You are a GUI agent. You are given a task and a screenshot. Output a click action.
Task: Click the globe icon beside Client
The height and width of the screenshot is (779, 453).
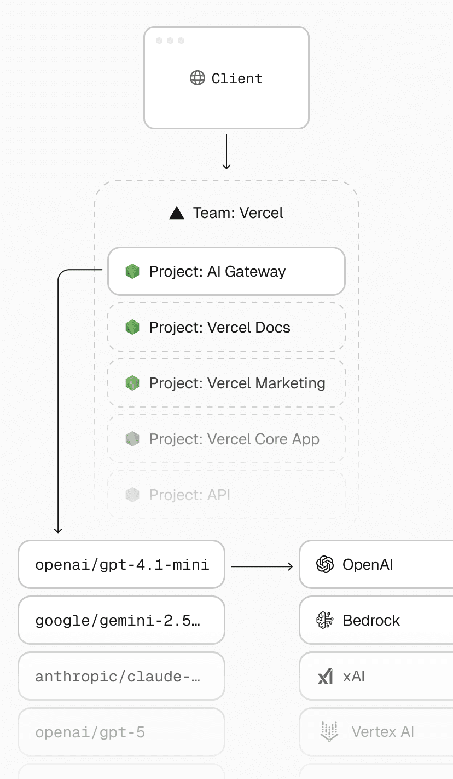click(197, 78)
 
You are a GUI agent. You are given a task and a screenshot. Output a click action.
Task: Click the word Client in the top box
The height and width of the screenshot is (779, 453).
click(237, 78)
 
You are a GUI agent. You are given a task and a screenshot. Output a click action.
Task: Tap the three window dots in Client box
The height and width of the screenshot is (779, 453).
click(170, 41)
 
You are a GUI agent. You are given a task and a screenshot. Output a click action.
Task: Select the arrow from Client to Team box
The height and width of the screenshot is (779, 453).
click(226, 151)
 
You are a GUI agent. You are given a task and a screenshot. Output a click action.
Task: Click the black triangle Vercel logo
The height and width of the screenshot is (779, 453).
click(177, 213)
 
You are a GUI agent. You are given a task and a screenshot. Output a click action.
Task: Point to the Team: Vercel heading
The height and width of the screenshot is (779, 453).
click(237, 213)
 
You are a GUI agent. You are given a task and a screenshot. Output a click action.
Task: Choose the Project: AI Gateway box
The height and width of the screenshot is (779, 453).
click(226, 271)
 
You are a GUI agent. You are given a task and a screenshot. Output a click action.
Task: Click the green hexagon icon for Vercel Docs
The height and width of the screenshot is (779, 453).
click(132, 328)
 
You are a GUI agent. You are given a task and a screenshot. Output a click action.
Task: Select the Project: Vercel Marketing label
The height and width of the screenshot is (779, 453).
click(237, 383)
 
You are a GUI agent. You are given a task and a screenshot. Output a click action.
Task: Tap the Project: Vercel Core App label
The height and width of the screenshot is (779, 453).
click(234, 439)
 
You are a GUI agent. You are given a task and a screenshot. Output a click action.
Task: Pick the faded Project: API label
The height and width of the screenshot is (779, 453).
click(189, 495)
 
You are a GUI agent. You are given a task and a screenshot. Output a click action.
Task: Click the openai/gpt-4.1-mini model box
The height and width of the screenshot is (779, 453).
click(121, 565)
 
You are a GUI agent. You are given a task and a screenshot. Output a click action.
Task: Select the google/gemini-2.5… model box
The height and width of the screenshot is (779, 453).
click(121, 621)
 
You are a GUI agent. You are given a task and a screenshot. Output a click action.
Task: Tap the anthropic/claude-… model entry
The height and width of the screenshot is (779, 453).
click(121, 677)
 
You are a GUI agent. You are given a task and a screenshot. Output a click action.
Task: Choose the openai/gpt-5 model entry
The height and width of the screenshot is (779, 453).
click(121, 732)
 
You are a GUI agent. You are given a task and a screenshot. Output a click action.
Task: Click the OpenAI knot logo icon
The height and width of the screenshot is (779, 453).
click(325, 564)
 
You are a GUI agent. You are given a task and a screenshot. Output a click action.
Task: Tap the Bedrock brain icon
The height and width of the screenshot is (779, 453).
click(325, 620)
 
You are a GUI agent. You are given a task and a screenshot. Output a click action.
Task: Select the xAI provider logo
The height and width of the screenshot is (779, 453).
click(325, 677)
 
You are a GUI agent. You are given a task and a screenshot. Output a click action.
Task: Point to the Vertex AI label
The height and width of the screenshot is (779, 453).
click(382, 732)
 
